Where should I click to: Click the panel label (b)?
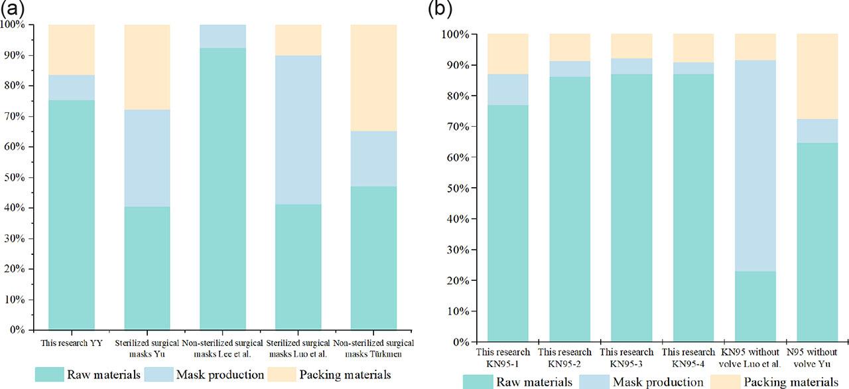442,10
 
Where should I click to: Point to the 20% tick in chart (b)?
464,280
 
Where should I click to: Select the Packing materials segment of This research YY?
71,50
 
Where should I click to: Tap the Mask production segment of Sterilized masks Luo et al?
298,129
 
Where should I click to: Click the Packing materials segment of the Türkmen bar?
375,78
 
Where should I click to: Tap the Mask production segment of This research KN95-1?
507,90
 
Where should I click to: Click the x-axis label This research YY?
71,343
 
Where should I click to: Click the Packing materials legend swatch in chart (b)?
725,382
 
